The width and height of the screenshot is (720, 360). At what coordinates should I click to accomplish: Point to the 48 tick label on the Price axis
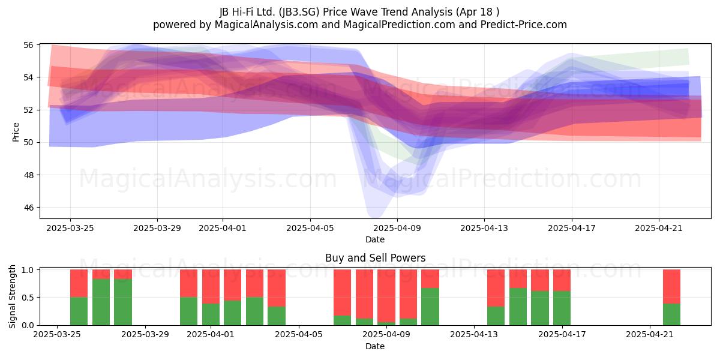[28, 175]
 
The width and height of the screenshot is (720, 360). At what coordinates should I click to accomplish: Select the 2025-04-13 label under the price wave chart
[484, 228]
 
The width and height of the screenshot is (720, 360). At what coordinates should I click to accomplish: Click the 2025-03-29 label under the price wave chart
[157, 228]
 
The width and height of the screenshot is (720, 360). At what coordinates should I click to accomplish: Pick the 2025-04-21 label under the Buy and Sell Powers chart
[650, 335]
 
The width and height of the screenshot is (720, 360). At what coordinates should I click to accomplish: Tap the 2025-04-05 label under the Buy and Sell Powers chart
[299, 335]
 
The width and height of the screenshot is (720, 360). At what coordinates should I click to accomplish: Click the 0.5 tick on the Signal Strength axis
[28, 298]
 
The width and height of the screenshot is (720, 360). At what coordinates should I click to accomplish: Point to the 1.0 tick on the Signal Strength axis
[28, 270]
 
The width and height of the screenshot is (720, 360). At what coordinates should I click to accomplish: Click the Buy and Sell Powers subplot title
[375, 258]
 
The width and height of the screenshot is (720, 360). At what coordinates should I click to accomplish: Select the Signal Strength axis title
[12, 296]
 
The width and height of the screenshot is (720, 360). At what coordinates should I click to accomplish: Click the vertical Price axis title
[16, 132]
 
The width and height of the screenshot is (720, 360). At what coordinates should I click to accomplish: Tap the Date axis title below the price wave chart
[375, 239]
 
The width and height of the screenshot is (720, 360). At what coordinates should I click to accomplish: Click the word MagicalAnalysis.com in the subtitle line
[266, 25]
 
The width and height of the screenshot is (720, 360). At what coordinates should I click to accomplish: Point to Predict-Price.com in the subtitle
[524, 25]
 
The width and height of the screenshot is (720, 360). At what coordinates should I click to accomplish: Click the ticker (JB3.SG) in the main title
[299, 12]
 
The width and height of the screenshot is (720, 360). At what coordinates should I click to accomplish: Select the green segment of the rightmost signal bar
[672, 314]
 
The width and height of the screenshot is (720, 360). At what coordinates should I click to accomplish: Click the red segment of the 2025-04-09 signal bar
[408, 294]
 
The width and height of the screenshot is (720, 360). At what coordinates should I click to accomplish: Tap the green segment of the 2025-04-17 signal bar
[562, 308]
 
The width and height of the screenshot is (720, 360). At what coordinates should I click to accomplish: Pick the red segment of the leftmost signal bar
[79, 283]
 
